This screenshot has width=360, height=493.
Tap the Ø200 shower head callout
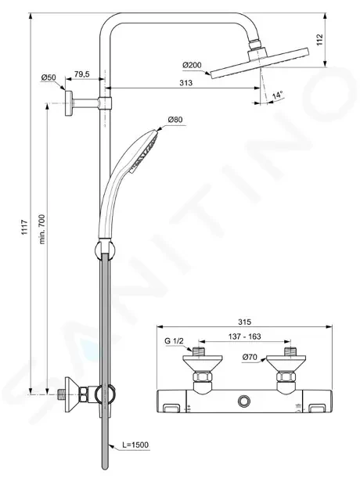coord(192,66)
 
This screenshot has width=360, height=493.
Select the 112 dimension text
coord(319,40)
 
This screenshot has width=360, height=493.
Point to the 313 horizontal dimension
coord(185,83)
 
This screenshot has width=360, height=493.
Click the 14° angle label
coord(277,95)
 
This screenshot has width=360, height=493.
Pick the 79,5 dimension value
coord(81,74)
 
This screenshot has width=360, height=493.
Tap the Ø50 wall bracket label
coord(49,77)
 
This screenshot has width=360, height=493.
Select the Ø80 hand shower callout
coord(175,120)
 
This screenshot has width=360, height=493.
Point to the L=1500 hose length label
coord(135,445)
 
